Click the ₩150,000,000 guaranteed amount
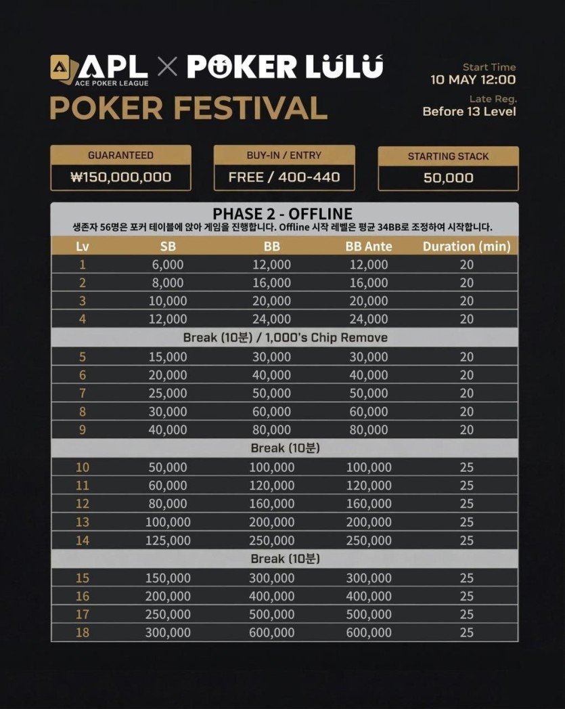pos(120,178)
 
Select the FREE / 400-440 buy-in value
pos(284,178)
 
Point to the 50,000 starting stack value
pos(448,178)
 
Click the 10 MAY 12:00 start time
pos(473,80)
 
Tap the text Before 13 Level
pos(469,111)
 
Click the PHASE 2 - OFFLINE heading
pos(282,214)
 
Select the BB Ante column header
pos(369,246)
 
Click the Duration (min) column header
pos(466,246)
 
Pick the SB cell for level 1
pos(168,265)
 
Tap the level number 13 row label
pos(83,522)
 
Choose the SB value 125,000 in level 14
pos(168,540)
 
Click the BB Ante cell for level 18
pos(369,632)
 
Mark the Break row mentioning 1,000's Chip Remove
pos(285,337)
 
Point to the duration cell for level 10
pos(466,467)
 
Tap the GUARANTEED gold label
pos(120,155)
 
